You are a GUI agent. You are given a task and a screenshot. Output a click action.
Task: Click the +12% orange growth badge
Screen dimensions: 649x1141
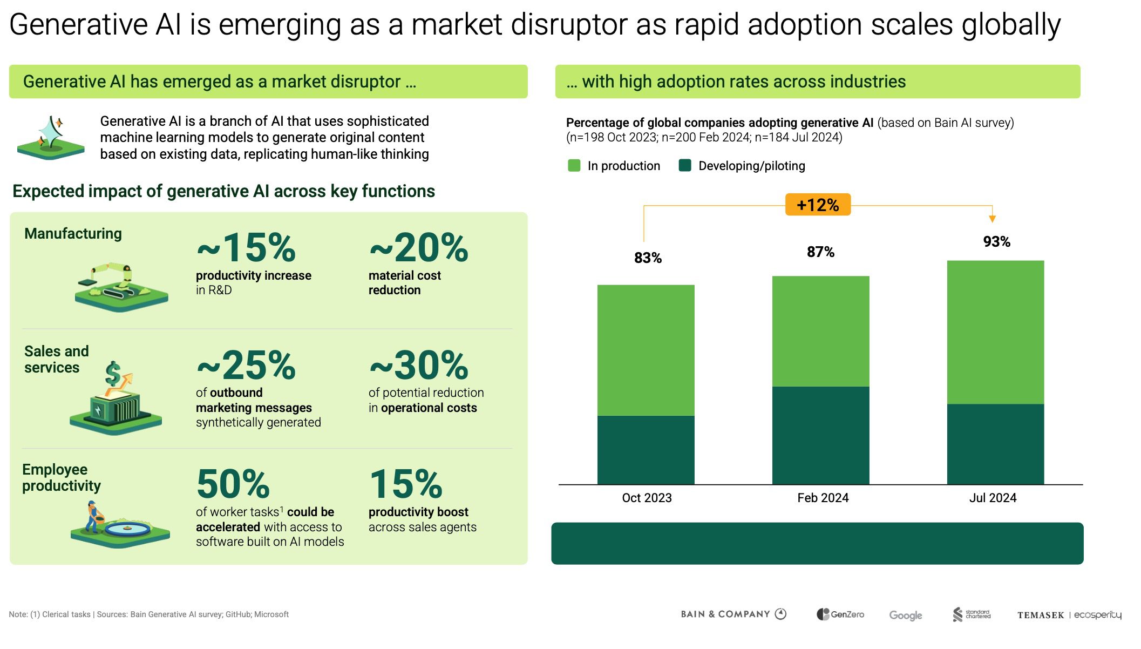pos(817,205)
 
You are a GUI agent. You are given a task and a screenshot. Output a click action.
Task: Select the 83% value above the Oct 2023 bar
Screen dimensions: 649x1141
pos(648,258)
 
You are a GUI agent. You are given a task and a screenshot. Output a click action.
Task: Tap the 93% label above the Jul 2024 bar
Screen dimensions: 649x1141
pos(996,241)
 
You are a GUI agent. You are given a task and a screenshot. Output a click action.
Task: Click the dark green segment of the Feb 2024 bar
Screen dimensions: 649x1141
pos(820,435)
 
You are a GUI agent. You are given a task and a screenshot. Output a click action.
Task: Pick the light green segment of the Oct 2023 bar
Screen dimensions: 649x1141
pos(646,350)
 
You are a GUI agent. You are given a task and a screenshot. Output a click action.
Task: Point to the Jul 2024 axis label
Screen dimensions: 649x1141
pos(993,498)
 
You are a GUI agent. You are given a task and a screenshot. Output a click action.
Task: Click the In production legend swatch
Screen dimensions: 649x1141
pos(574,166)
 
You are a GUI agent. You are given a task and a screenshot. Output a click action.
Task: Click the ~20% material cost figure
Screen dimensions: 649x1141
pos(419,248)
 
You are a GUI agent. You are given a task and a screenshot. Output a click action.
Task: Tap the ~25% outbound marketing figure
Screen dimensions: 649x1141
pos(246,366)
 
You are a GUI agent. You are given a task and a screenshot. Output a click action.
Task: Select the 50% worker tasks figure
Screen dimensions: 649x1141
pos(233,484)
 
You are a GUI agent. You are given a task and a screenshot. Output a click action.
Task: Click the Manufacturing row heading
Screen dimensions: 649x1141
pos(73,233)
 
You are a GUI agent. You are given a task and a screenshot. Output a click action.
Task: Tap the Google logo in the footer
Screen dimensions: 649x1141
pos(905,615)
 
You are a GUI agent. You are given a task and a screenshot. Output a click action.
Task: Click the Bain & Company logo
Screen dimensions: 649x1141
pos(733,614)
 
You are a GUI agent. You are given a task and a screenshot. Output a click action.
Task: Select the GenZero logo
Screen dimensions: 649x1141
pos(840,614)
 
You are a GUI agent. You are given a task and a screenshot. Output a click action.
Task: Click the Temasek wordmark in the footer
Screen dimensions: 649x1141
pos(1041,615)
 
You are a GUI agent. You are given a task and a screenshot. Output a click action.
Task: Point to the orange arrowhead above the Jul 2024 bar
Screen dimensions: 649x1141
pos(992,219)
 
